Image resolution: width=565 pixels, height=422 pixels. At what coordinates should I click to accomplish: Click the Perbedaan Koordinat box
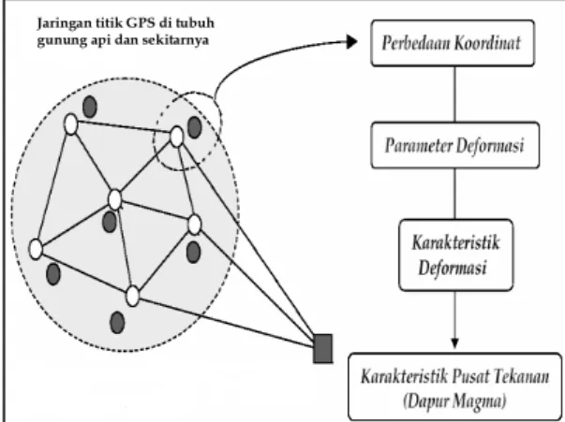[453, 43]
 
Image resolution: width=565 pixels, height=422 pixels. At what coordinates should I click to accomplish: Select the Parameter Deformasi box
[455, 145]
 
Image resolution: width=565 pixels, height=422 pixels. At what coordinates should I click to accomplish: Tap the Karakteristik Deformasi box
[455, 255]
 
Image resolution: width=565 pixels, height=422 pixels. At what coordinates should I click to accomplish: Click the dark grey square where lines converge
[323, 349]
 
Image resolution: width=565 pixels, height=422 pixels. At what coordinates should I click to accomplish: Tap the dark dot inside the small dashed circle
[195, 127]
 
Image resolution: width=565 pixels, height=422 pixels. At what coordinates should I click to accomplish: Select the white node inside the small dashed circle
[176, 137]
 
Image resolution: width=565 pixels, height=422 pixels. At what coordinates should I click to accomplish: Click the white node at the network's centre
[115, 199]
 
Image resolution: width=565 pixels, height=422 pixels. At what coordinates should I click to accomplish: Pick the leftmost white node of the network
[36, 249]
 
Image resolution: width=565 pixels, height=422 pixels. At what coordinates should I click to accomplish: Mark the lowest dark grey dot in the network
[117, 323]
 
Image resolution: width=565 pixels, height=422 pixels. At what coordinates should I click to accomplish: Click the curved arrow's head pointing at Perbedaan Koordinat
[351, 42]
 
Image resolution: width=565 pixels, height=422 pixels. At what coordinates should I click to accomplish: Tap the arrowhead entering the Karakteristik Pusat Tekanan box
[454, 343]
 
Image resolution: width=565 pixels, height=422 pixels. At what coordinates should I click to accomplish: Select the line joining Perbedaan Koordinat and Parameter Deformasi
[454, 95]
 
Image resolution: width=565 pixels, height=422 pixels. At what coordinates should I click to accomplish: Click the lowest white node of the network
[133, 296]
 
